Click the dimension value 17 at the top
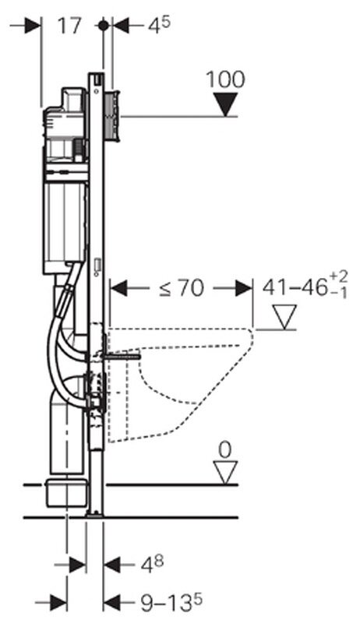[x=69, y=26]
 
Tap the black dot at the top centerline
[x=103, y=26]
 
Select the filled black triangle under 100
[x=225, y=104]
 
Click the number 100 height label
[x=225, y=79]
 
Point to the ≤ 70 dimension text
[x=182, y=288]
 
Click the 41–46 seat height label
[x=305, y=286]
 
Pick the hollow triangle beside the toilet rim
[x=284, y=317]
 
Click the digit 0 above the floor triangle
[x=225, y=450]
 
